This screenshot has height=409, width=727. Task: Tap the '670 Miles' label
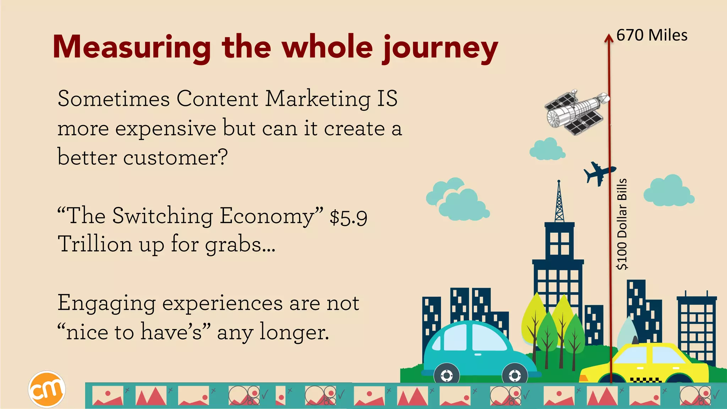(x=652, y=36)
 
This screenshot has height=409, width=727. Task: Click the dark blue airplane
(x=598, y=173)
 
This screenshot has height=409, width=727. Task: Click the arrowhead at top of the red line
(x=609, y=38)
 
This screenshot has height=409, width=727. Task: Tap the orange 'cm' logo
(x=47, y=389)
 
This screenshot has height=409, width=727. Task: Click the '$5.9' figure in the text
(x=348, y=217)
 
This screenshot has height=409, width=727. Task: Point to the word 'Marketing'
(x=318, y=99)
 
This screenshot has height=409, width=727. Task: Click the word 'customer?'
(x=175, y=157)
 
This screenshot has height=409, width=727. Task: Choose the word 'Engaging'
(x=106, y=304)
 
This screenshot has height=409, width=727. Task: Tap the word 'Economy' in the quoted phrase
(x=266, y=216)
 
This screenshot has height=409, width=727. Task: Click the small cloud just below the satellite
(x=547, y=149)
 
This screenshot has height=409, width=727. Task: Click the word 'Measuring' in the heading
(x=131, y=48)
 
